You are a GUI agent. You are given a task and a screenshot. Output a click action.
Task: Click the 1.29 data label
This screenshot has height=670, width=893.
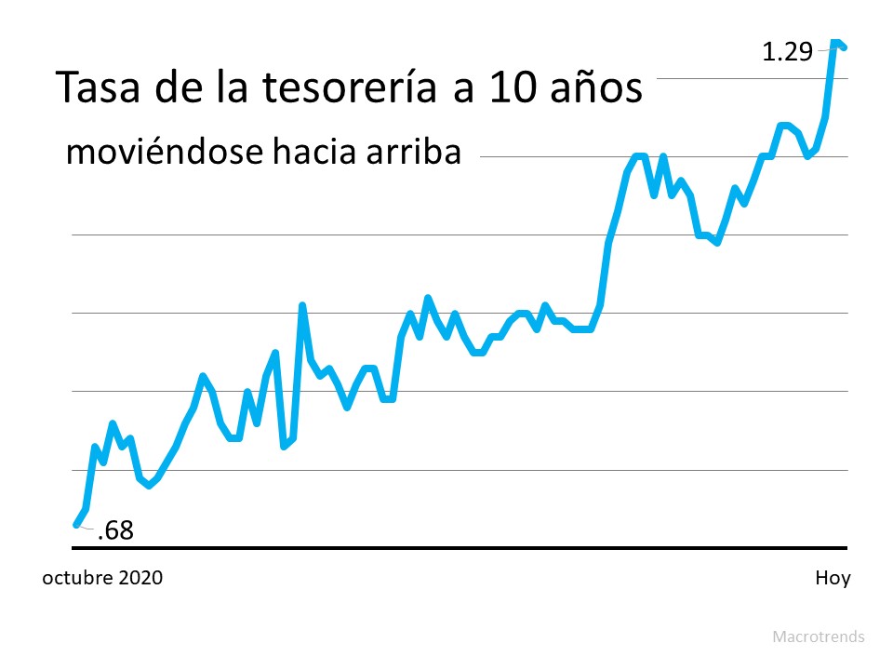coord(787,52)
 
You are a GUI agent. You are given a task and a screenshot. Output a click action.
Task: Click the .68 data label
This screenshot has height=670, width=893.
coord(115,531)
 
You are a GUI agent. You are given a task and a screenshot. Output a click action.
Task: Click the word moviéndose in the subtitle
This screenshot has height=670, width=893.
coord(163,152)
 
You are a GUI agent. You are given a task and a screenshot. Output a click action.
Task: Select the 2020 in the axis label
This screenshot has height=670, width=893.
coord(140,578)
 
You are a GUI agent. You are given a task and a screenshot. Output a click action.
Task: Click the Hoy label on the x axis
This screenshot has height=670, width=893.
coord(833,578)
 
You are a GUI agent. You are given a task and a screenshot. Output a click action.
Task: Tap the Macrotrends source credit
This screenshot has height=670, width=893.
coord(818,637)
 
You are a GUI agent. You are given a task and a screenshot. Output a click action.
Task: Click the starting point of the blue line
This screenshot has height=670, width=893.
coord(76,525)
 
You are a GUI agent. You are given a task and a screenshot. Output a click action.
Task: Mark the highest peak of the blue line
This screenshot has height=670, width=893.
coord(834,42)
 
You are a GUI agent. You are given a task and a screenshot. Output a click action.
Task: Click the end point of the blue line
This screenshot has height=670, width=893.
coord(844,47)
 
